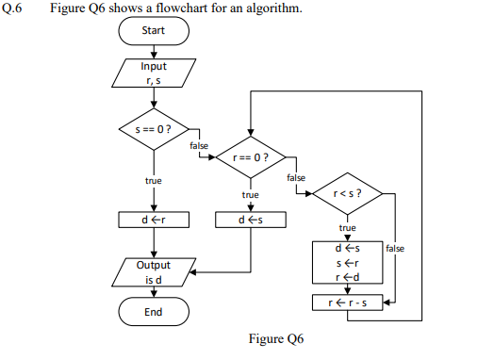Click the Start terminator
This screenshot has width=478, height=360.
[154, 30]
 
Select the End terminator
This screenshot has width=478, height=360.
[154, 310]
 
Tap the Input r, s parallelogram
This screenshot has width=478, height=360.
[154, 73]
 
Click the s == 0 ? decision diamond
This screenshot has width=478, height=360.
[154, 128]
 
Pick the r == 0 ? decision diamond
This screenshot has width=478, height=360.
[250, 156]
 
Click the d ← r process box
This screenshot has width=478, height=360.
[154, 220]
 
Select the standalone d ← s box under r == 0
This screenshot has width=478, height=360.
[250, 220]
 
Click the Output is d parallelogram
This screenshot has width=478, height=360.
[154, 271]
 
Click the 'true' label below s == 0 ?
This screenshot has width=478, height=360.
[153, 180]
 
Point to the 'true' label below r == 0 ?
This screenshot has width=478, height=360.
[250, 195]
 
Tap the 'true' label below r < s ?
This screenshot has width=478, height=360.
[347, 228]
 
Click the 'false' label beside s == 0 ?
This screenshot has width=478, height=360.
[199, 145]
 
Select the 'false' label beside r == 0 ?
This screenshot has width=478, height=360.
[295, 177]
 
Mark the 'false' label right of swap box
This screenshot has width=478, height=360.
[395, 248]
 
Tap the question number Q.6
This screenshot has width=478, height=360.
[12, 8]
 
